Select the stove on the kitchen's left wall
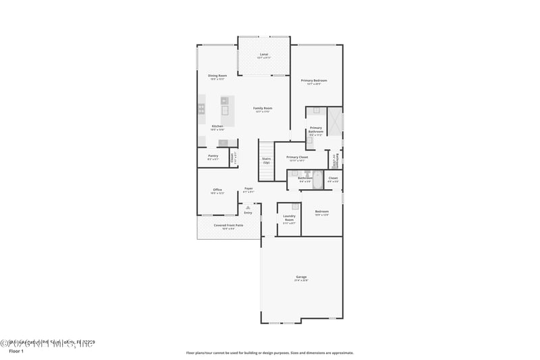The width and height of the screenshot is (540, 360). click(201, 108)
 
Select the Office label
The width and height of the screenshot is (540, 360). click(217, 190)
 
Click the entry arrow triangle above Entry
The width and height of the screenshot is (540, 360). click(248, 207)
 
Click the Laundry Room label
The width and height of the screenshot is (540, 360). click(289, 218)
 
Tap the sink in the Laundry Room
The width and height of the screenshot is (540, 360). click(296, 205)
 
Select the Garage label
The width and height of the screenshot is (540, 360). click(301, 278)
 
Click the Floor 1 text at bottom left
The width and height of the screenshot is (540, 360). click(16, 351)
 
